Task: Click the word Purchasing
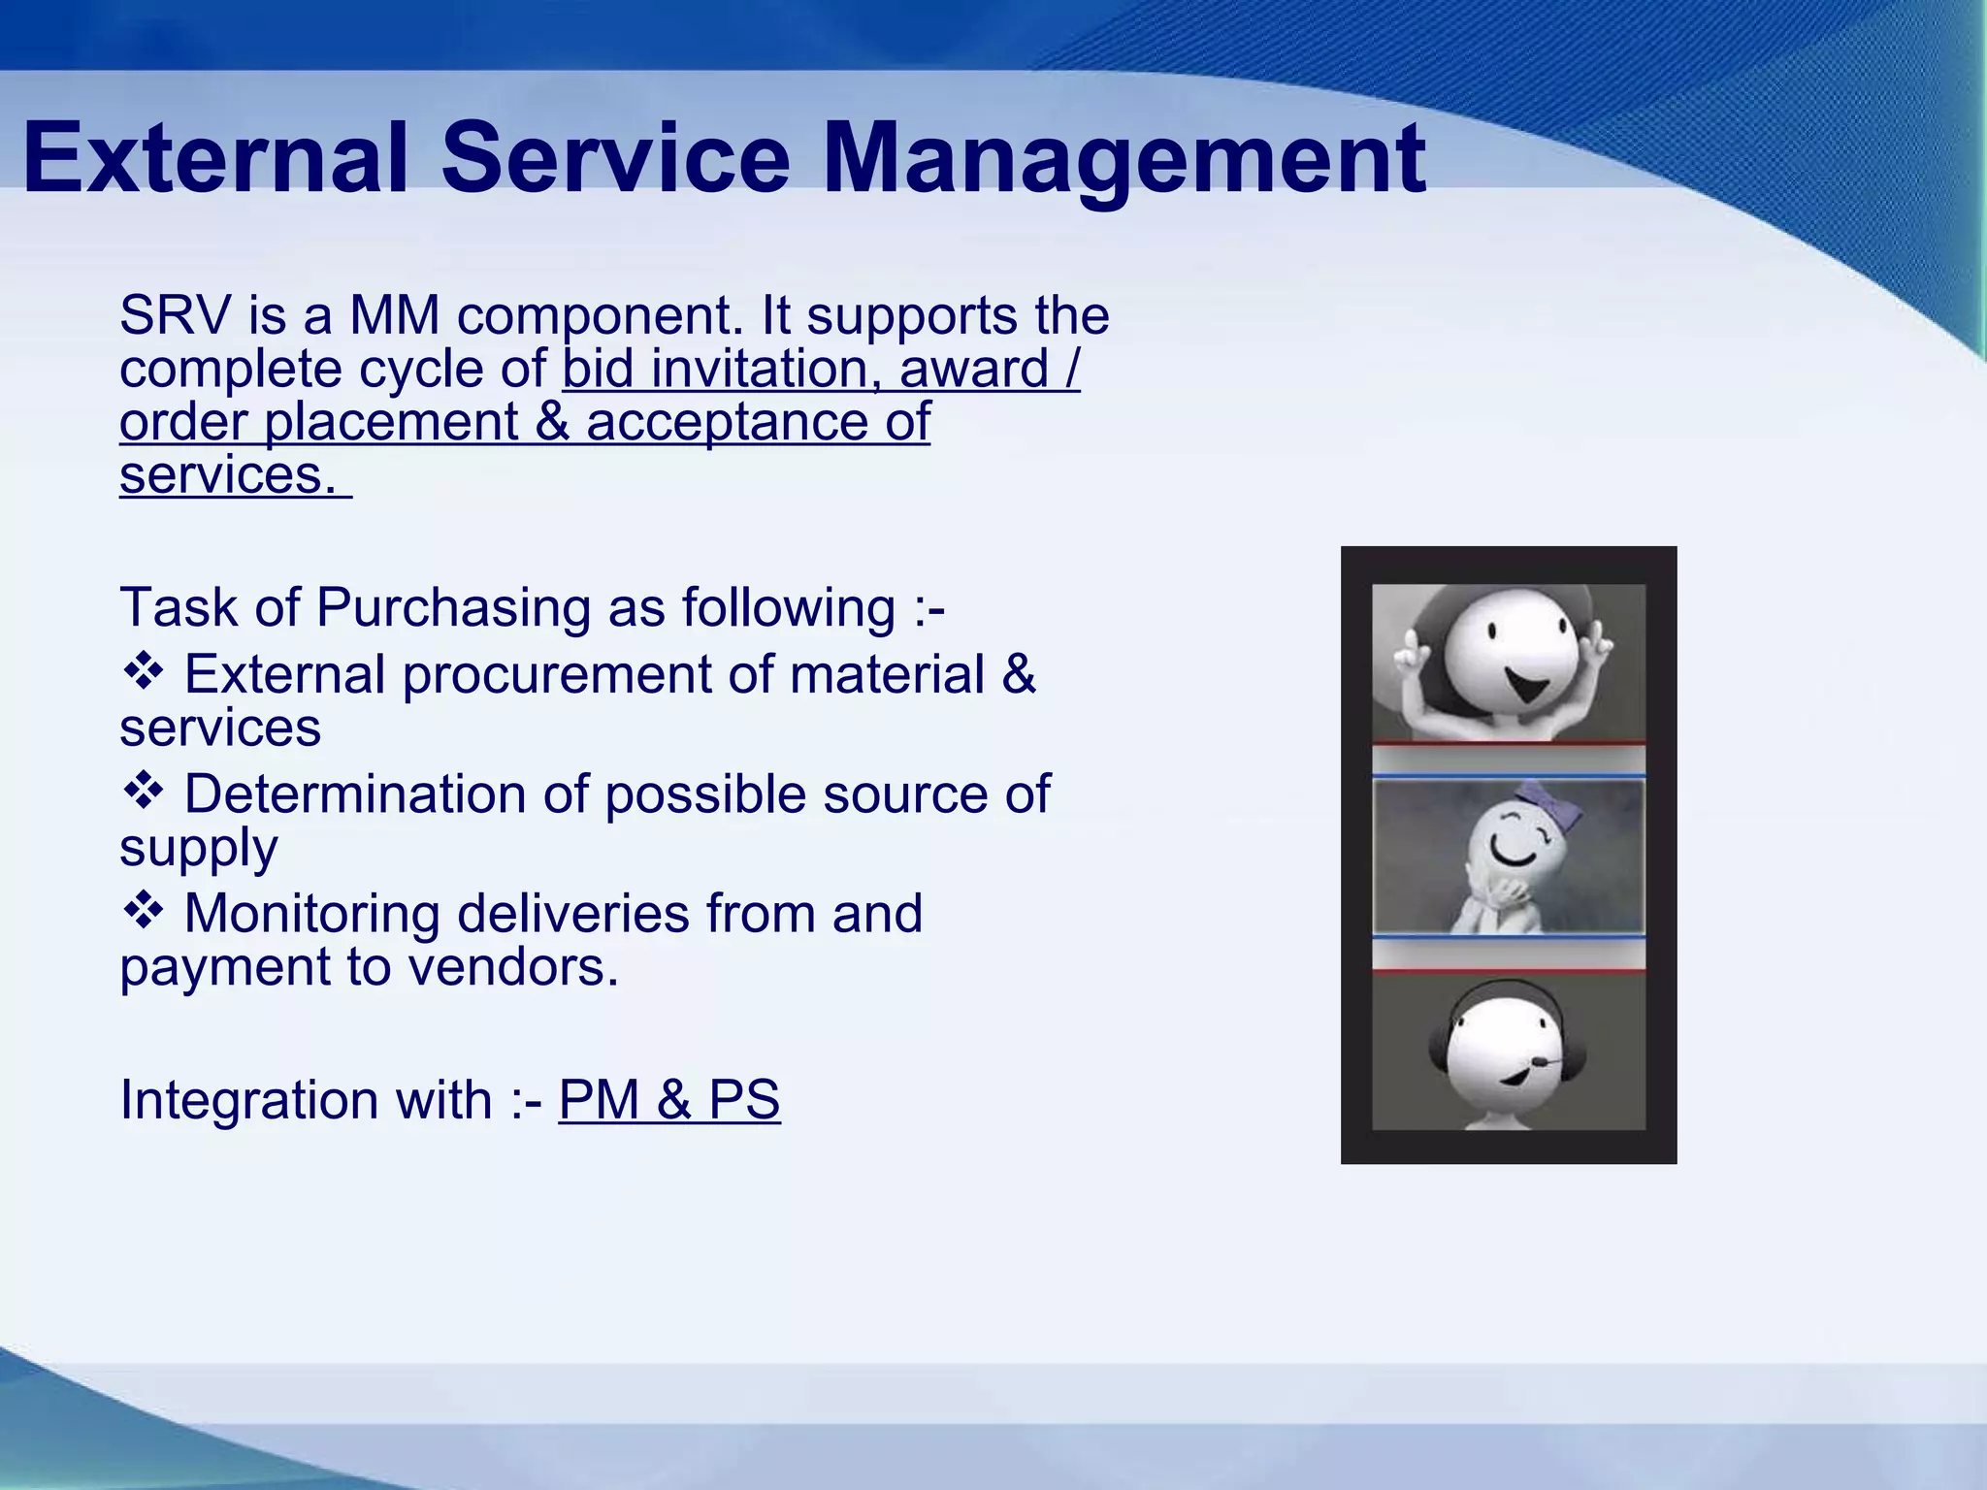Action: pos(453,608)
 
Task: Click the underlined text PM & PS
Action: pos(668,1100)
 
